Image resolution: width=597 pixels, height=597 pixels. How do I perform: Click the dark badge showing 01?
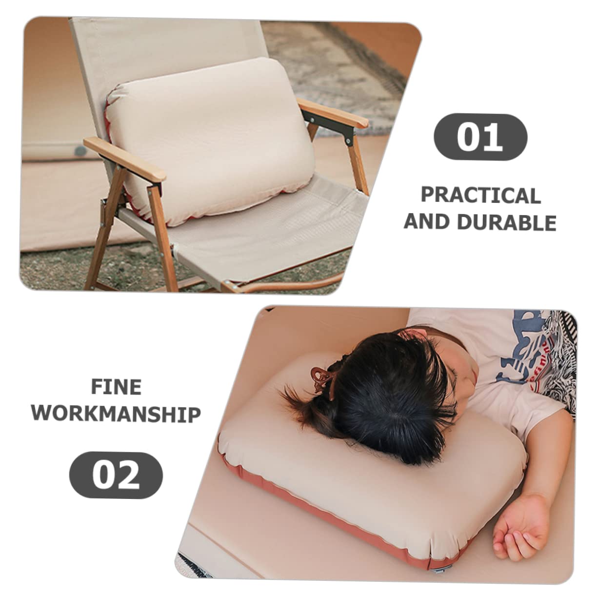[480, 137]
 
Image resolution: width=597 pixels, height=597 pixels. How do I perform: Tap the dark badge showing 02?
[116, 475]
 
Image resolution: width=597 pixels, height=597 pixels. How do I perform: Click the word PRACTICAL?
[480, 195]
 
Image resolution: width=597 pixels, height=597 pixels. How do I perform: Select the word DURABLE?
[506, 222]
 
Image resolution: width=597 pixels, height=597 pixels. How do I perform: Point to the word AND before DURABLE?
[427, 222]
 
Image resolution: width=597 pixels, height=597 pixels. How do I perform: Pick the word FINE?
[116, 387]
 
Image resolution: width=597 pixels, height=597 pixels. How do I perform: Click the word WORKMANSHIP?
[116, 414]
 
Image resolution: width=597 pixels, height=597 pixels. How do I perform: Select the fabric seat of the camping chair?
[273, 229]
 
